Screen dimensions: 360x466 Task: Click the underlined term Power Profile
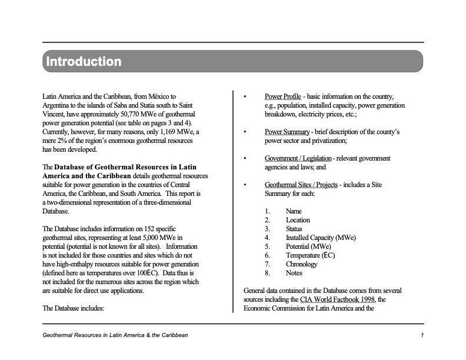pos(283,96)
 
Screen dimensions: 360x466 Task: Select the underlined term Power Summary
pos(287,132)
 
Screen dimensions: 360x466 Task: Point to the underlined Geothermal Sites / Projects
pos(301,185)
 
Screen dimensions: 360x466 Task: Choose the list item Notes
pos(294,273)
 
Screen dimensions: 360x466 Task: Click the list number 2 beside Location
pos(267,220)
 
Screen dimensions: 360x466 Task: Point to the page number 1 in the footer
pos(422,335)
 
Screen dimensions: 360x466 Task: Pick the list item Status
pos(294,229)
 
